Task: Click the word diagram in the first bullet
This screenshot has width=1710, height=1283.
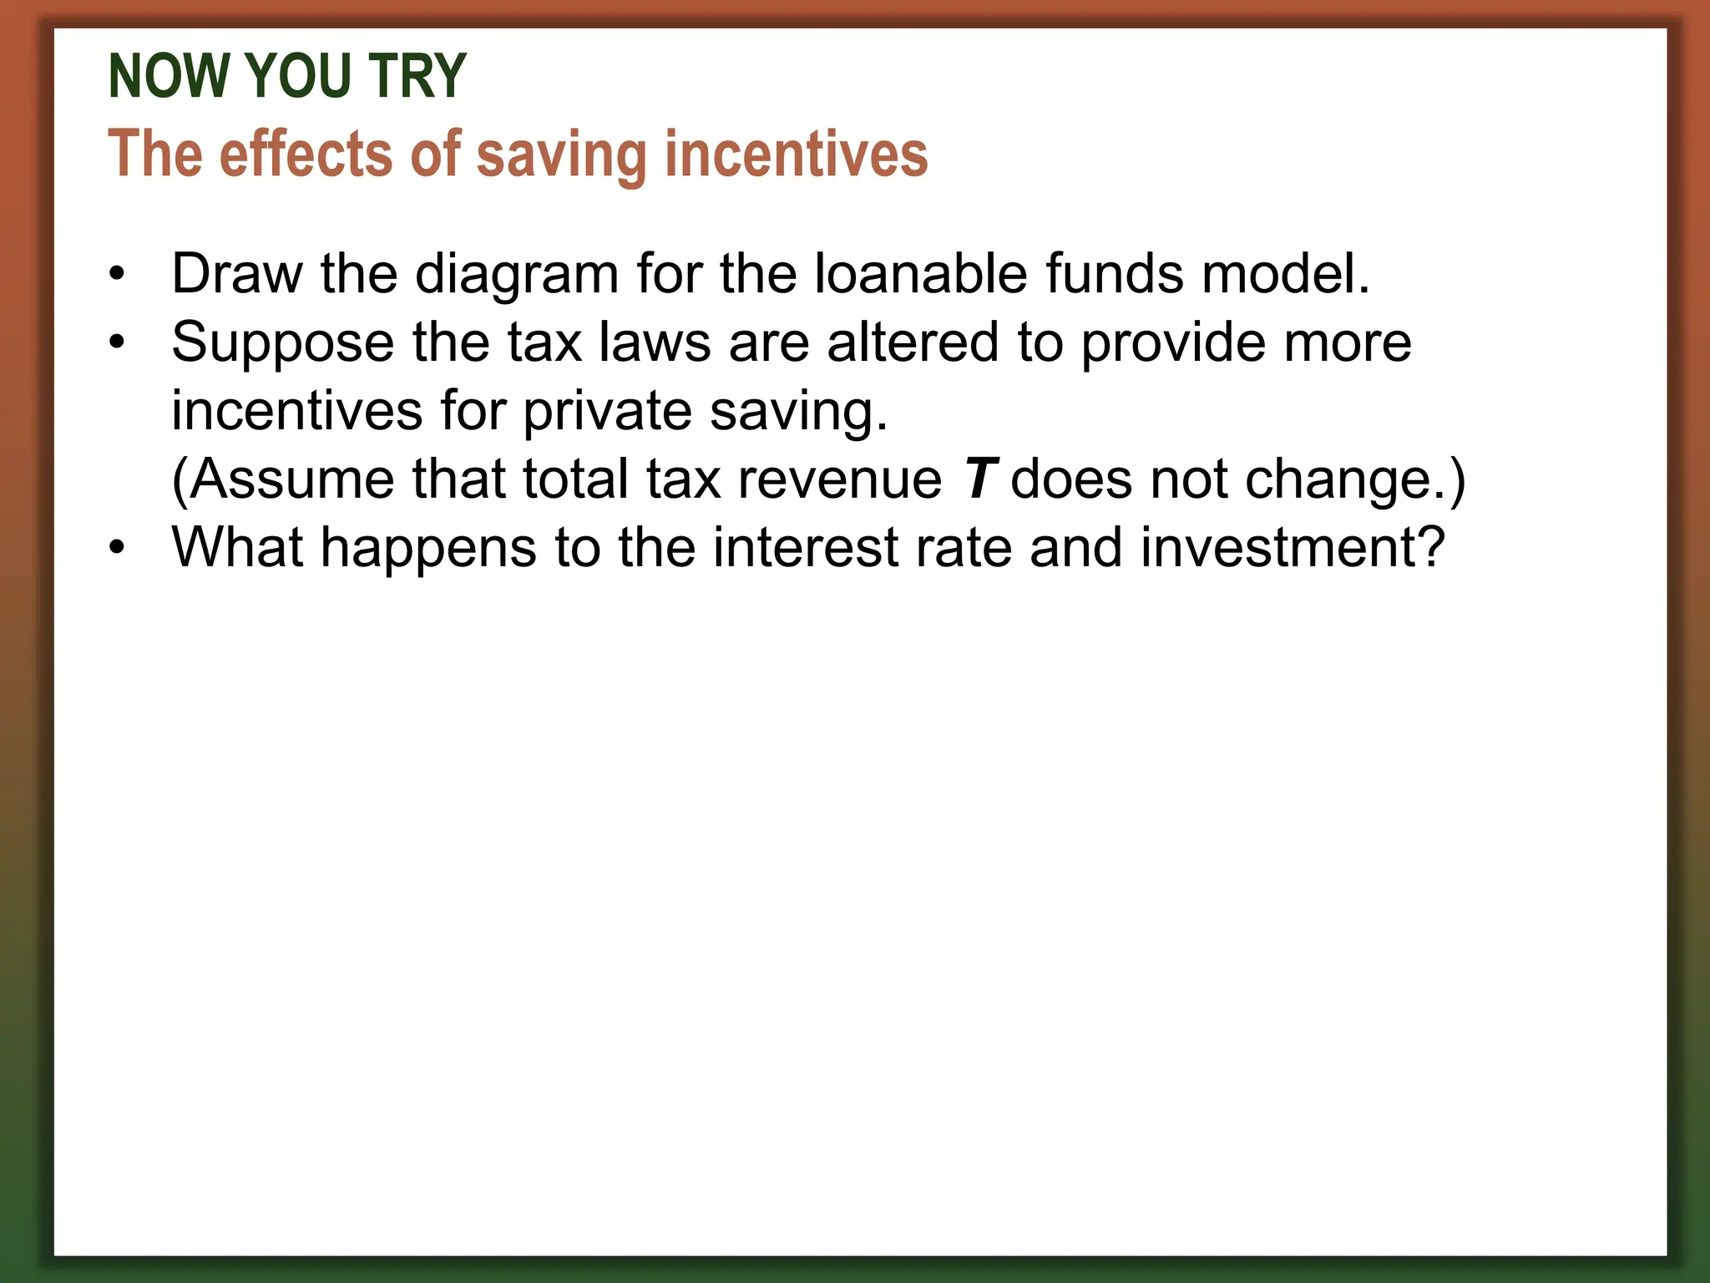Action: [516, 275]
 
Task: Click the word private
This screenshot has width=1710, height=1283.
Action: [607, 412]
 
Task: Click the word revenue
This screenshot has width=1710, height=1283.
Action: [840, 481]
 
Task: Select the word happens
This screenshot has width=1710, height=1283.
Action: [427, 550]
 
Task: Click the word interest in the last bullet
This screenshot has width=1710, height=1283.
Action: [805, 548]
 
